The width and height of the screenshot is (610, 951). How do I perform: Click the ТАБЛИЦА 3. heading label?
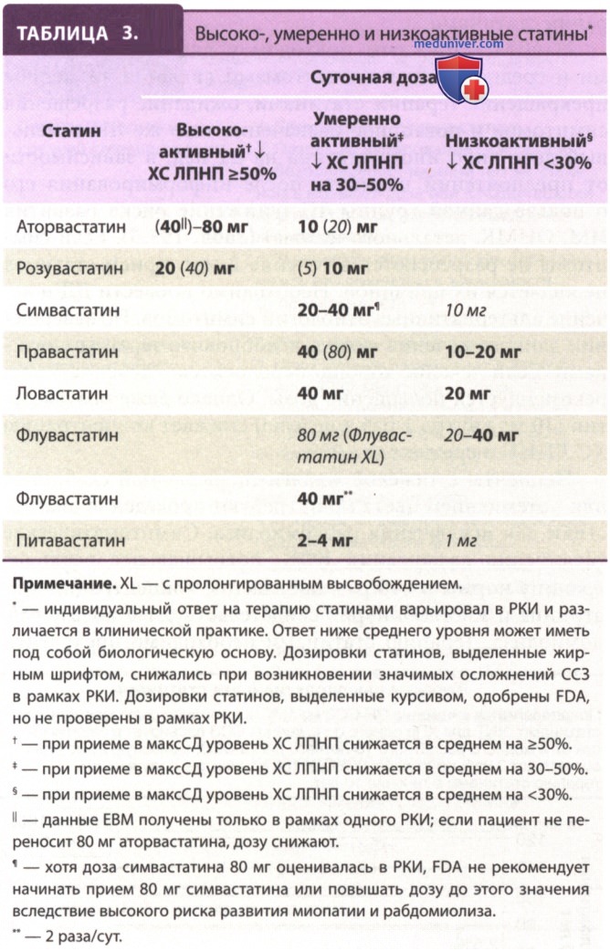[78, 33]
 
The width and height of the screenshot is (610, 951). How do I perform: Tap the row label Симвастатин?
[61, 310]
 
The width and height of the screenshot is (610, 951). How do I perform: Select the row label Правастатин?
[61, 352]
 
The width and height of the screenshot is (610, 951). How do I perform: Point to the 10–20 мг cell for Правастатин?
[484, 352]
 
